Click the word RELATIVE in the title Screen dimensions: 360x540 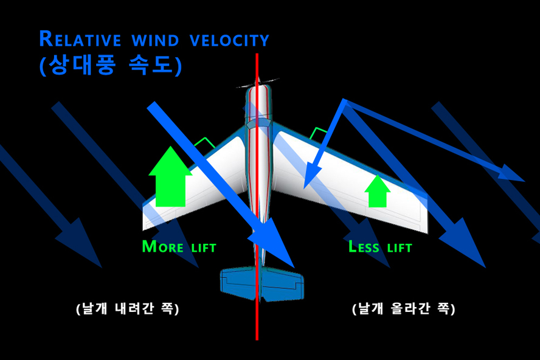pos(78,40)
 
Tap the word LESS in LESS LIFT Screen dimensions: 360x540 pos(364,247)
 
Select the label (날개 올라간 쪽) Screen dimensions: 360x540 pos(403,308)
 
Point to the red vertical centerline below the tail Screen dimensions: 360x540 pos(257,322)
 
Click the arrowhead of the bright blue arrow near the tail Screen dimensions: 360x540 pos(282,252)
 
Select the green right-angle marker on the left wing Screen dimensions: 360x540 pos(204,144)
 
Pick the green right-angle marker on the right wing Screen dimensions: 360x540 pos(317,133)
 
